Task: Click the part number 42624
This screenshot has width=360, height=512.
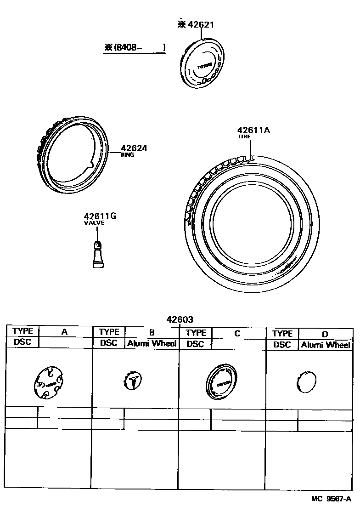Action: point(134,148)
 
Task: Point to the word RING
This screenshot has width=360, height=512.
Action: point(127,155)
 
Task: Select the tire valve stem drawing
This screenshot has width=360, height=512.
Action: point(97,254)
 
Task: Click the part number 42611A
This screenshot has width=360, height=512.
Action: point(253,130)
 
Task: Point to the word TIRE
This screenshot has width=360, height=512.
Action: point(243,137)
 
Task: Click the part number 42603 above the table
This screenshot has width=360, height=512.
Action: point(180,319)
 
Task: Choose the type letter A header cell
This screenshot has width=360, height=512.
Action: point(65,332)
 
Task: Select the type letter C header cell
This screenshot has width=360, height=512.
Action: point(237,333)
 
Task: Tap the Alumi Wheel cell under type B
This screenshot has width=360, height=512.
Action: point(152,343)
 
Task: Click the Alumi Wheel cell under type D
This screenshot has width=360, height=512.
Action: point(326,345)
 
